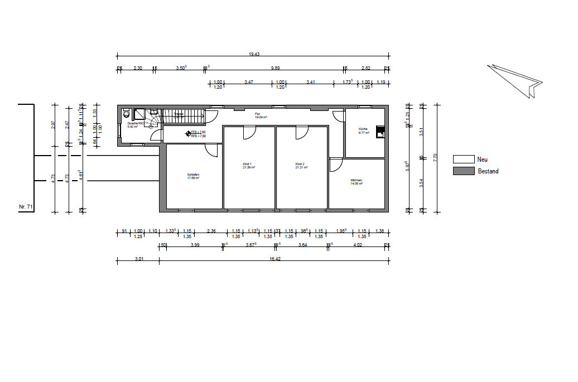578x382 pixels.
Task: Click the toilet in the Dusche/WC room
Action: pos(126,113)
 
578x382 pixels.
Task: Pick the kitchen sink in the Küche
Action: pos(380,132)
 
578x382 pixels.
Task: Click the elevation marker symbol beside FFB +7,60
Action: pos(187,133)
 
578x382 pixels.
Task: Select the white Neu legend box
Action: pos(463,159)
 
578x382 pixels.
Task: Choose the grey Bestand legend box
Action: pos(463,171)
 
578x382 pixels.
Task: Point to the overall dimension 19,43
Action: pos(254,54)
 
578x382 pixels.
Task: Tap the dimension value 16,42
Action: pos(274,259)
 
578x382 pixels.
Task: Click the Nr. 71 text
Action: pos(26,207)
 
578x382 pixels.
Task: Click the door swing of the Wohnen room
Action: pos(336,165)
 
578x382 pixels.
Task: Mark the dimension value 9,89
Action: pos(275,68)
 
